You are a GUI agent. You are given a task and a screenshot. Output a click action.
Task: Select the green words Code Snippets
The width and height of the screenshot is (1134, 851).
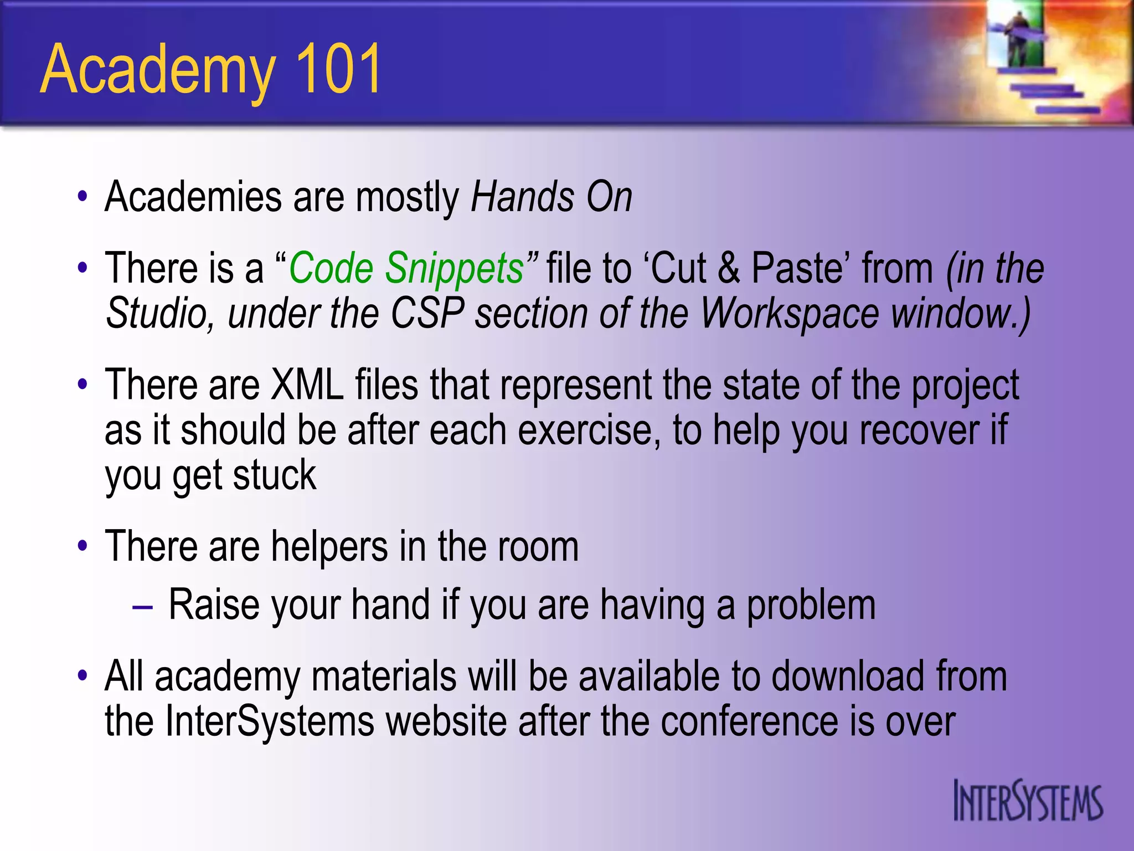[x=406, y=268]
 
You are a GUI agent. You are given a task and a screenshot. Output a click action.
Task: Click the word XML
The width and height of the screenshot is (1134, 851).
[x=307, y=385]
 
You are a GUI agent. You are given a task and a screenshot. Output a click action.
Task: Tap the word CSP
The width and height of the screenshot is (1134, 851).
[x=427, y=314]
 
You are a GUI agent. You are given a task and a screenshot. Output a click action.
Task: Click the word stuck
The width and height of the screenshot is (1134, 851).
[x=274, y=475]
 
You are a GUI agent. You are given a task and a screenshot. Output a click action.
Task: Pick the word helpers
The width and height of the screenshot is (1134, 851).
[x=329, y=547]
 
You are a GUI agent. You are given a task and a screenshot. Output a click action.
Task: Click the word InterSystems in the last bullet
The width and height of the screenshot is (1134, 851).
[x=270, y=722]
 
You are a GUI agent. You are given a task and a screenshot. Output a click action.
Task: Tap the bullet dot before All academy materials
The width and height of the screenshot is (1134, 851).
[x=83, y=675]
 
